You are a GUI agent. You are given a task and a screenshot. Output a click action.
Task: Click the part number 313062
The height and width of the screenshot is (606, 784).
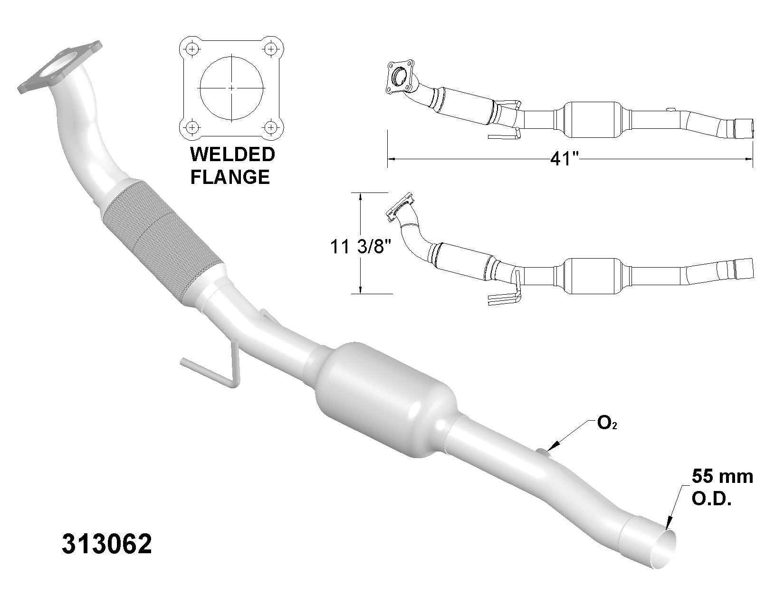point(107,544)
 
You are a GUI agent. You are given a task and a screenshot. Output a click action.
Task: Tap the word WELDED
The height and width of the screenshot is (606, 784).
point(232,154)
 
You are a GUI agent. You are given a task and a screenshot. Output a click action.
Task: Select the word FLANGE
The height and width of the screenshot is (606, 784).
point(230,177)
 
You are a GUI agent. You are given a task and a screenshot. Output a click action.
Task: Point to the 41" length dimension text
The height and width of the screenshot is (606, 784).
point(564,159)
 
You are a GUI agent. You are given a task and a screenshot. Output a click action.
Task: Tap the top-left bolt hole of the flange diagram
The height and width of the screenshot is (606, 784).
point(192,48)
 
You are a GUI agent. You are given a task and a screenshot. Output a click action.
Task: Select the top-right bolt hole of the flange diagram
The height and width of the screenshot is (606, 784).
point(271,48)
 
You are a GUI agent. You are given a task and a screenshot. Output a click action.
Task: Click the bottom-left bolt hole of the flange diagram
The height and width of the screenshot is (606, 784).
point(192,127)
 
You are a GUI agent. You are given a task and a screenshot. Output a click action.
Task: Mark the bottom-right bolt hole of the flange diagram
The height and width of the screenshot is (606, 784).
point(271,127)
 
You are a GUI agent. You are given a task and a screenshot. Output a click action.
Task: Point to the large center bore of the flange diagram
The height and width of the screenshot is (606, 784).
point(232,88)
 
